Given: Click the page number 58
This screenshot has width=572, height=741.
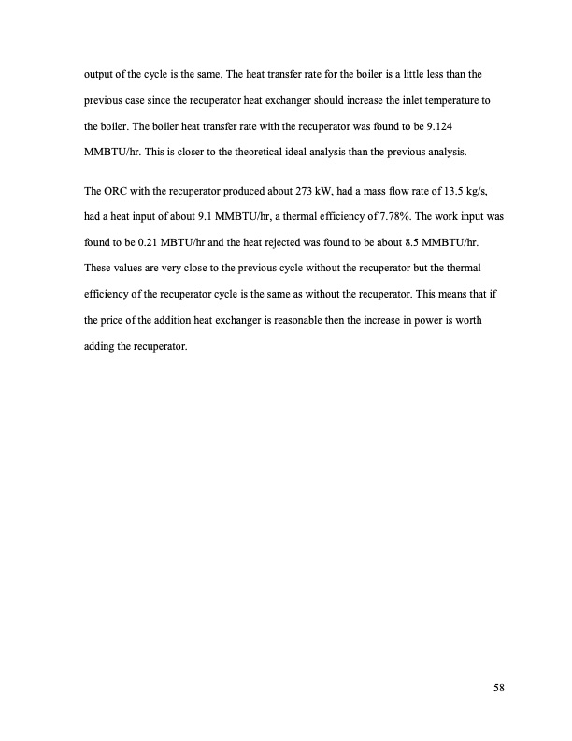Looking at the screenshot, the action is point(499,690).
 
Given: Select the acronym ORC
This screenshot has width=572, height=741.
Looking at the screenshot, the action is point(117,193).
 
